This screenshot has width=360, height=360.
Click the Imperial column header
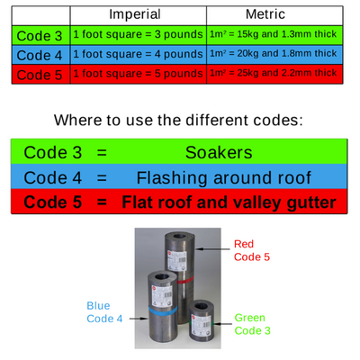click(135, 14)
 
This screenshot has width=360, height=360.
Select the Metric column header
click(265, 14)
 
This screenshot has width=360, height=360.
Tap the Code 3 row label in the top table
click(40, 36)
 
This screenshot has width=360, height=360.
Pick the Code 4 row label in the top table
click(40, 55)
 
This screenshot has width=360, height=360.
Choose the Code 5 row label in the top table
click(40, 75)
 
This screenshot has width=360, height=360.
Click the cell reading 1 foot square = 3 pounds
click(138, 34)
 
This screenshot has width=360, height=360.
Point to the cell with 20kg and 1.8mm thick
click(273, 53)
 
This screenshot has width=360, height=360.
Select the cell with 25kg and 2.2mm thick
click(273, 73)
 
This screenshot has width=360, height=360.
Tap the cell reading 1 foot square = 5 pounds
click(138, 74)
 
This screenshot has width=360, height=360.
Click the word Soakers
click(219, 152)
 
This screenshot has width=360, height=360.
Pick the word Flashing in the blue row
click(172, 178)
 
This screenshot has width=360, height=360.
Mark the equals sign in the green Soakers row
click(102, 152)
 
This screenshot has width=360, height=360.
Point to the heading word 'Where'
click(77, 120)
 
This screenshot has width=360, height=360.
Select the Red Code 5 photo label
click(252, 250)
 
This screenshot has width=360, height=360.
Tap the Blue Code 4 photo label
click(104, 312)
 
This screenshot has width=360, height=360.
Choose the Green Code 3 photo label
click(252, 324)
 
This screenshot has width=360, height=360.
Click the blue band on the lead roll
click(163, 310)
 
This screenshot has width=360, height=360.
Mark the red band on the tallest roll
click(185, 280)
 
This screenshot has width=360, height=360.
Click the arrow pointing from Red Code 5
click(212, 248)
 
